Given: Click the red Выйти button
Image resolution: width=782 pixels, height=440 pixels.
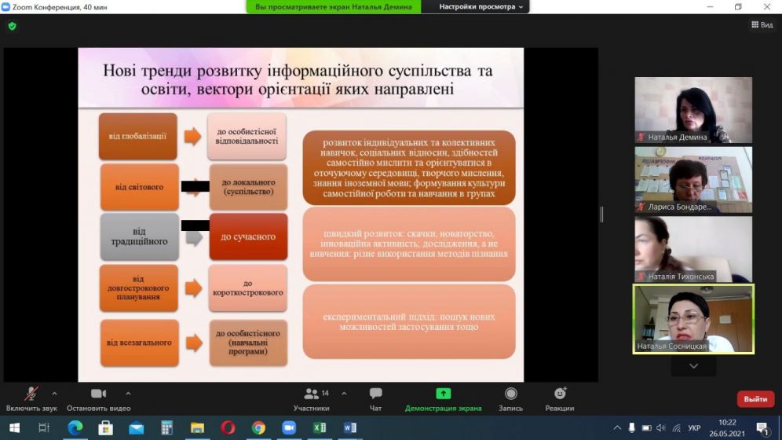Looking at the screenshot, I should (755, 399).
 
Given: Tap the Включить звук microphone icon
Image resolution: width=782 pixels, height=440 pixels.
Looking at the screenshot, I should (31, 394).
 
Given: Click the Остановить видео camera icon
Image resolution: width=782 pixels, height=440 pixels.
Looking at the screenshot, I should (98, 394).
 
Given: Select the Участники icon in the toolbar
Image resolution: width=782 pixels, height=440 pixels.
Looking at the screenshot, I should (312, 394).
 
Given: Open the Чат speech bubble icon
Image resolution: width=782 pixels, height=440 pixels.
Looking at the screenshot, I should (375, 394).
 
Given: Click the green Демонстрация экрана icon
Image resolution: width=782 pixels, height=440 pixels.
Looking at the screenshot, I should (444, 394).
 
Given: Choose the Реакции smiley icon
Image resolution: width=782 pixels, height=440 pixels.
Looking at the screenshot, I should (560, 394).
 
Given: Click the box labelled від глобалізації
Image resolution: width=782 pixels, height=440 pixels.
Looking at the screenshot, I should (138, 136).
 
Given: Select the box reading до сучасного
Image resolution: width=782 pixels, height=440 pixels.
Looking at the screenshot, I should (247, 236).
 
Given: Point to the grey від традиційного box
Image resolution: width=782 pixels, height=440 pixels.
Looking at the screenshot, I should (139, 236).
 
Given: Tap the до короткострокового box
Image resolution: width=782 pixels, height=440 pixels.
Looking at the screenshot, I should (247, 288).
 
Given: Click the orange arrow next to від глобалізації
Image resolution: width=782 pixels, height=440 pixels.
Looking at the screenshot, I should (192, 136).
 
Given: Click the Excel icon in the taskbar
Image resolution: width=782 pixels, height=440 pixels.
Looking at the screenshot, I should (320, 428).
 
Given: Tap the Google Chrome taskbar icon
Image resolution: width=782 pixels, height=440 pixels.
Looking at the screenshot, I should (258, 428).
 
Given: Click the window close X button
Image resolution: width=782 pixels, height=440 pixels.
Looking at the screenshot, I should (766, 7).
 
